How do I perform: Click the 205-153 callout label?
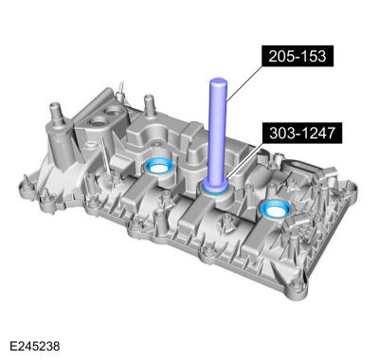coord(298,56)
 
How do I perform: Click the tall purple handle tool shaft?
coord(216,133)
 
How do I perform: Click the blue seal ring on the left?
coord(158,169)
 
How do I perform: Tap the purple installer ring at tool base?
coord(217,189)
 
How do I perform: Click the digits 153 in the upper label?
coord(312,56)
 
